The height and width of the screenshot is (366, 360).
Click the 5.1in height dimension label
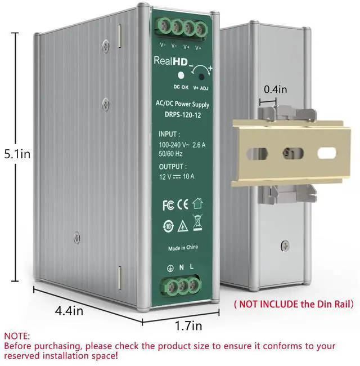tap(17, 153)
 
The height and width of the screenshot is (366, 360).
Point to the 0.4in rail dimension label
tap(275, 89)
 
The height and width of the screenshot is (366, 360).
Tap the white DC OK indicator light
tap(181, 74)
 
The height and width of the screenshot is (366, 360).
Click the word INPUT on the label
tap(169, 134)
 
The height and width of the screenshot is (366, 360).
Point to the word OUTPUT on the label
tap(172, 167)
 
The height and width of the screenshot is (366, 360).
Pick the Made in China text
tap(183, 248)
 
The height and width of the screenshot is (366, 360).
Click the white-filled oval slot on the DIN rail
tap(326, 153)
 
